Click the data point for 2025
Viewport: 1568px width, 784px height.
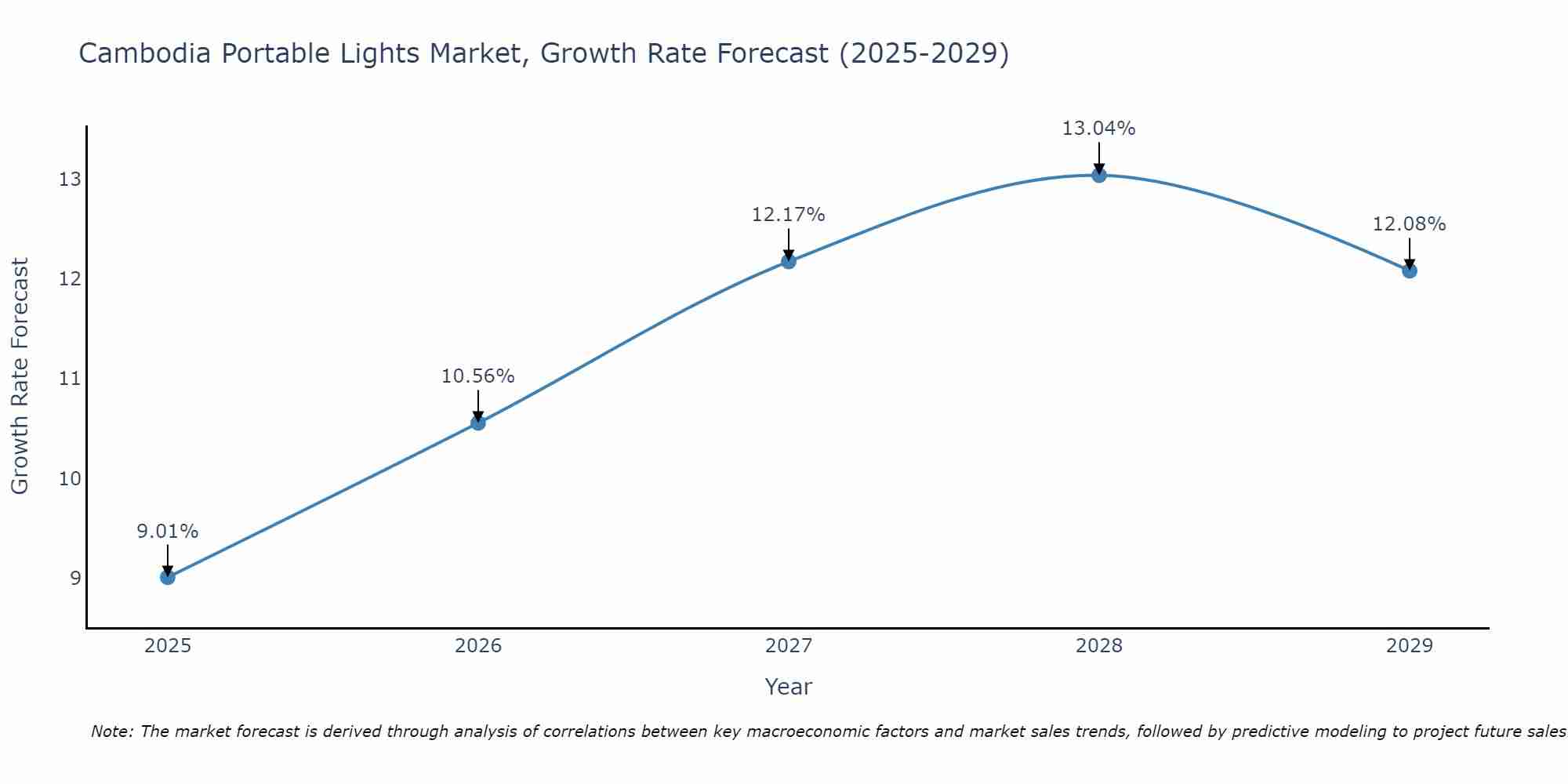[x=168, y=577]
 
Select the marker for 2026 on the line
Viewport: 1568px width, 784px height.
[x=478, y=423]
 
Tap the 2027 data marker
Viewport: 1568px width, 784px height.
[x=789, y=261]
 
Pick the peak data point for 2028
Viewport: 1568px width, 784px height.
[x=1099, y=175]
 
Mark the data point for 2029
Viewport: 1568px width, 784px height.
[x=1410, y=271]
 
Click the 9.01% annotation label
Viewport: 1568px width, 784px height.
[x=168, y=532]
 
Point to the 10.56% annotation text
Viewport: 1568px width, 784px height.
[x=478, y=376]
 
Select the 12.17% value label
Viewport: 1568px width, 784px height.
[x=789, y=215]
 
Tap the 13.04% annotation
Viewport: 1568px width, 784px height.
[x=1099, y=129]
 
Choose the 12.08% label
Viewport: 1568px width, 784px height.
[x=1410, y=224]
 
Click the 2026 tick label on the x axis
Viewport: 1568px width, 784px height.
[x=478, y=646]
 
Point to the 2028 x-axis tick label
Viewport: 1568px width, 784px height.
[x=1099, y=646]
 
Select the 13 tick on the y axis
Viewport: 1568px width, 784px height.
[x=70, y=180]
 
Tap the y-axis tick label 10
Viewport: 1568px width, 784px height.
[x=70, y=478]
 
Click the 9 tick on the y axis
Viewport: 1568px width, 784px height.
[x=75, y=578]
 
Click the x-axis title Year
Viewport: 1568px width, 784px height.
[x=789, y=687]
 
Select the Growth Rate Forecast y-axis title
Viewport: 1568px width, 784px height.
[x=20, y=376]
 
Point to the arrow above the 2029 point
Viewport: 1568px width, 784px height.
[x=1410, y=252]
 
